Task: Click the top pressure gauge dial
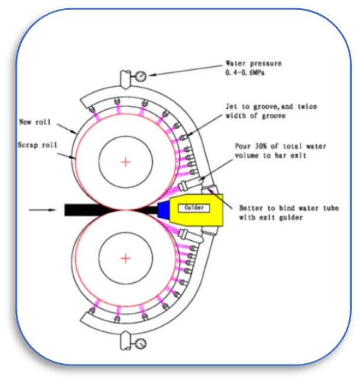click(142, 76)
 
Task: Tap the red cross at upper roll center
click(125, 161)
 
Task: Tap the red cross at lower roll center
click(125, 258)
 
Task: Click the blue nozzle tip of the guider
click(163, 209)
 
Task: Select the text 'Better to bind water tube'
click(283, 209)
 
